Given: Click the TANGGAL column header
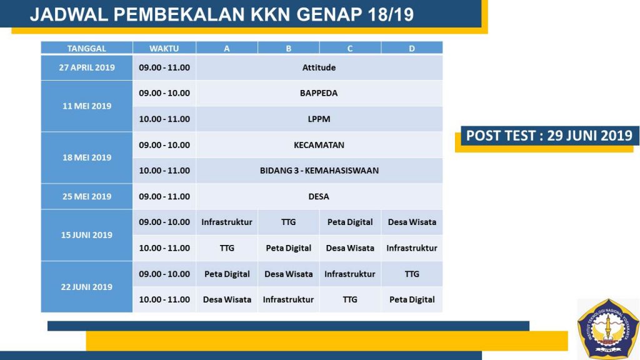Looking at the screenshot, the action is (x=86, y=47).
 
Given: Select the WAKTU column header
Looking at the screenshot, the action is (x=164, y=47).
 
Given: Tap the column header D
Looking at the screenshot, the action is (x=412, y=47).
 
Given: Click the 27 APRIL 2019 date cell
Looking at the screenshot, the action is (x=86, y=67).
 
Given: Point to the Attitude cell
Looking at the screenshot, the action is (x=319, y=67).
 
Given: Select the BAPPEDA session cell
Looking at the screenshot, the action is (x=319, y=93).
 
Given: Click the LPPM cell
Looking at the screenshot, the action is (x=319, y=119).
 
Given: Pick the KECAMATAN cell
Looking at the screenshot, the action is (x=319, y=145).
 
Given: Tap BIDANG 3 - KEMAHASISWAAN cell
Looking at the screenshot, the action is (x=319, y=171).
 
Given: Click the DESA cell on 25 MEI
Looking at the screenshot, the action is (x=319, y=196).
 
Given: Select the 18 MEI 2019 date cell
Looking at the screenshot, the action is (x=86, y=157).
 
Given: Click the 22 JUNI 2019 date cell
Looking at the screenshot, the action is (x=86, y=287).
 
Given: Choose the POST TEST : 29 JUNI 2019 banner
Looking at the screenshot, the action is (x=549, y=136).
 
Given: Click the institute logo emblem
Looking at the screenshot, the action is (x=608, y=329).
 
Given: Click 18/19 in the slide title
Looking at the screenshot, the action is (x=391, y=15).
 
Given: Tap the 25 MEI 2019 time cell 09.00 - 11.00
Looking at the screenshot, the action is (x=164, y=196).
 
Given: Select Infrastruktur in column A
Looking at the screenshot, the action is (x=226, y=222).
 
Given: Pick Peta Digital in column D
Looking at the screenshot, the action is (x=412, y=299).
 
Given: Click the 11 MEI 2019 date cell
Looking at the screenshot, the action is (x=86, y=106).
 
